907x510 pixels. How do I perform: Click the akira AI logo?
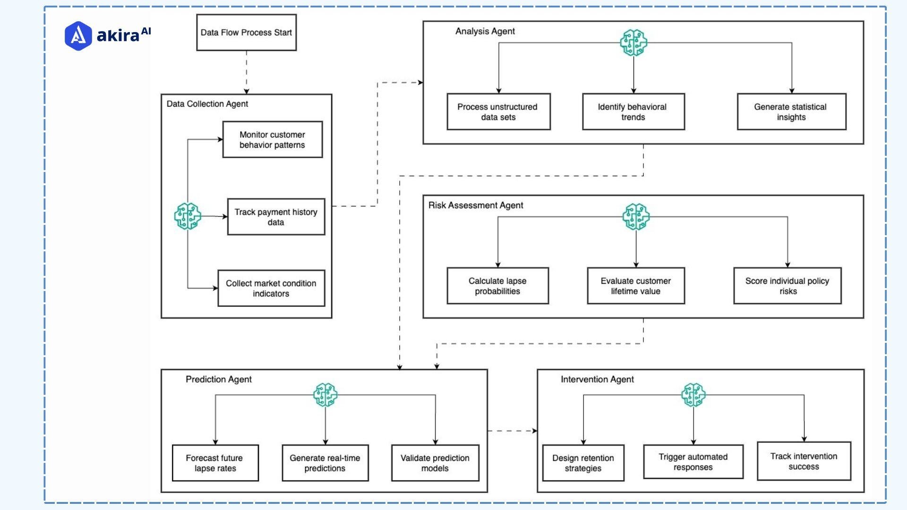108,35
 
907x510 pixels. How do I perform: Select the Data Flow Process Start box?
246,33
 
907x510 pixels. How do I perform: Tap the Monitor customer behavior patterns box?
272,140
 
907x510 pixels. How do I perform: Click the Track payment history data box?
276,217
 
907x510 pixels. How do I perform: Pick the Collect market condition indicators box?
271,289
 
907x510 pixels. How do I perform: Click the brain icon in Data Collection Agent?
188,216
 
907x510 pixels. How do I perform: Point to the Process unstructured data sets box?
498,112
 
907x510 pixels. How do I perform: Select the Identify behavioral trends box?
633,112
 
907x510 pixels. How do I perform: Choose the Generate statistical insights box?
791,112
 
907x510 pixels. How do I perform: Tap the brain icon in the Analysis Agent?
633,43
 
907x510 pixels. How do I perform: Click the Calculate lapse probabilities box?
497,286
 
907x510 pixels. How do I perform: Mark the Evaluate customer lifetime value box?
635,286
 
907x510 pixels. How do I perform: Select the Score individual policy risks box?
787,286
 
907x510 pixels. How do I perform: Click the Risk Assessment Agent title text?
475,205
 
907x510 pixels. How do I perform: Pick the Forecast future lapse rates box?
215,463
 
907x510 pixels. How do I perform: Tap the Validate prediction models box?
435,463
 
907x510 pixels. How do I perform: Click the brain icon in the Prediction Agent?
325,395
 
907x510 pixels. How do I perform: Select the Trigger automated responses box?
693,462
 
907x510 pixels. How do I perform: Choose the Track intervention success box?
804,461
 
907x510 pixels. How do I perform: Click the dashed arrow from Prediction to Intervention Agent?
512,431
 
